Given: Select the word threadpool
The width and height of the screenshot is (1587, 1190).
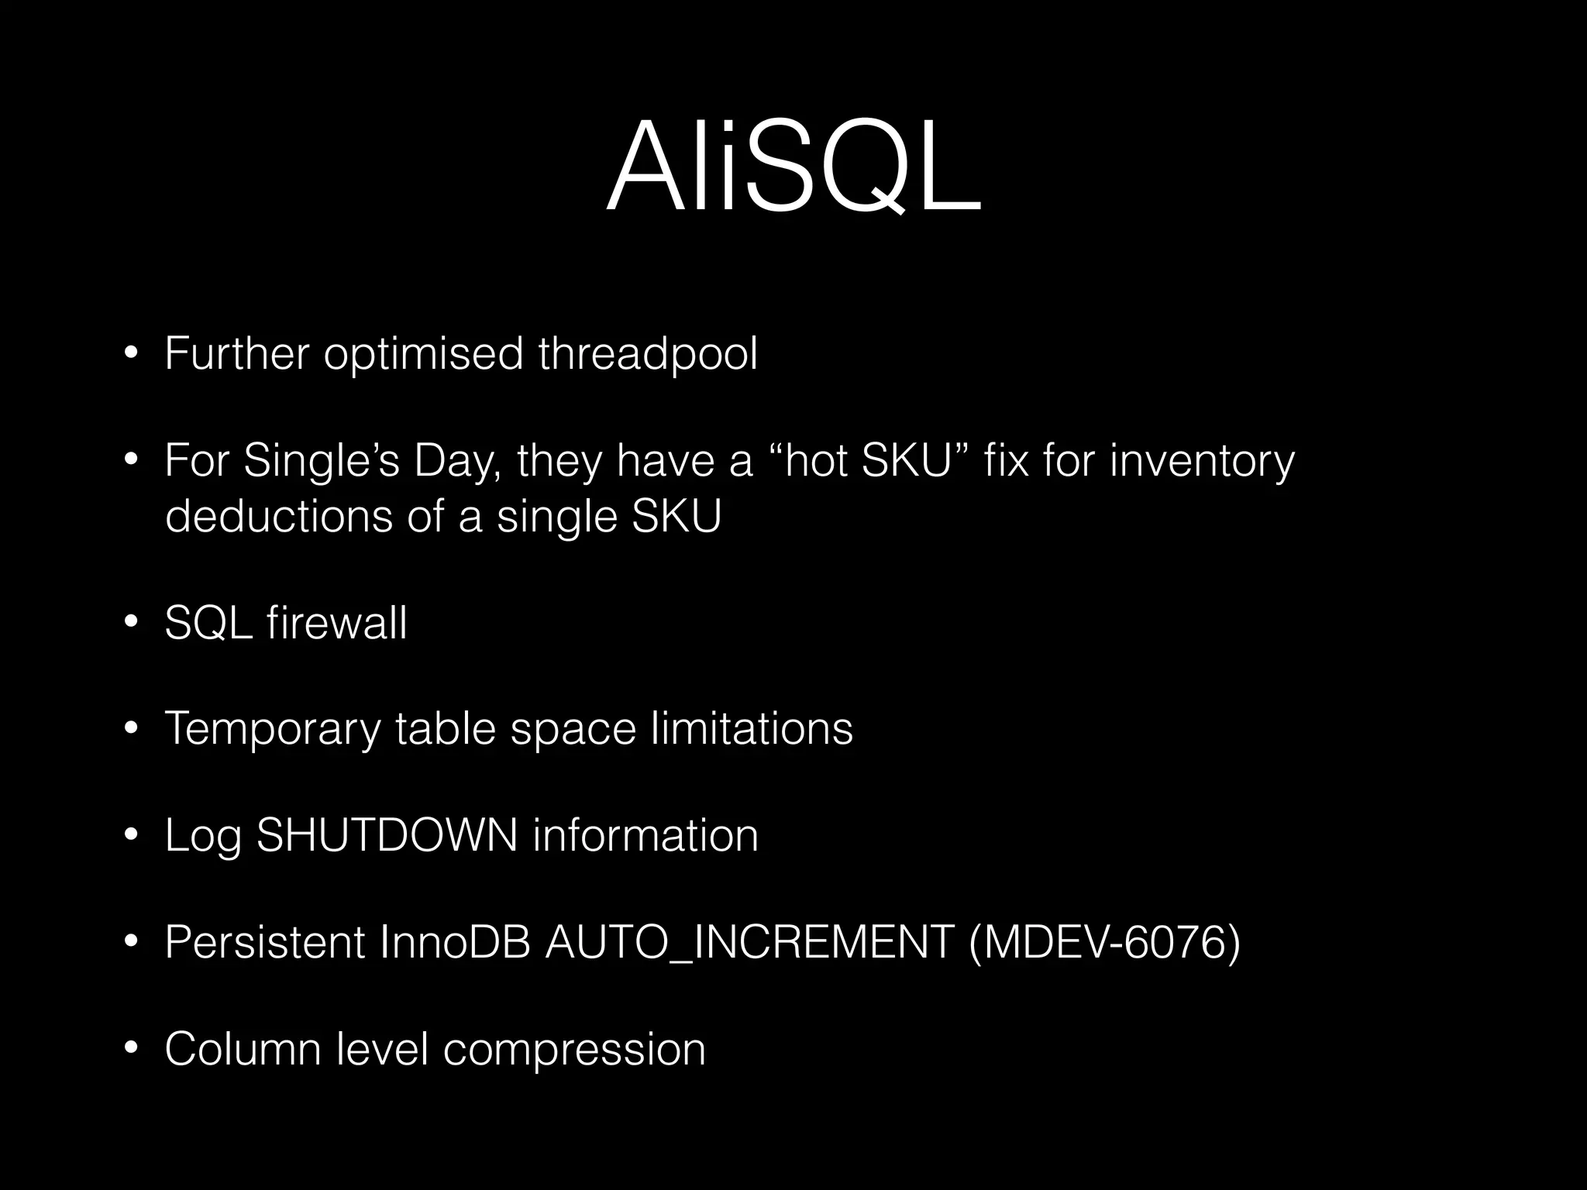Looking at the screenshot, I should [648, 354].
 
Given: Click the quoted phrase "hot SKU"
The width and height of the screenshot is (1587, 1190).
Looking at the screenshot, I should [869, 461].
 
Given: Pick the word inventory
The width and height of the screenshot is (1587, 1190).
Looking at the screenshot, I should [1202, 462].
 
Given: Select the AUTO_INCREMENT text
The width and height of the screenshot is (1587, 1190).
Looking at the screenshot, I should [749, 943].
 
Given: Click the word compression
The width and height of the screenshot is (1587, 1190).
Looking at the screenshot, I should [574, 1050].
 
